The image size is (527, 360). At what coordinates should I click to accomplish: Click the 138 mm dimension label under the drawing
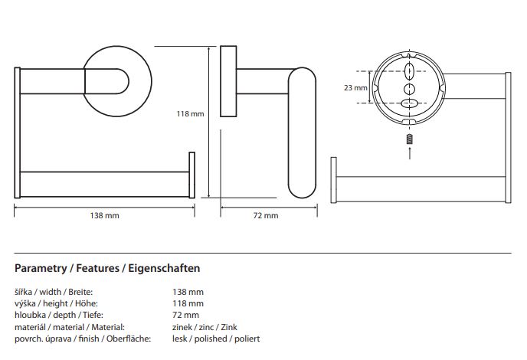pyautogui.click(x=104, y=215)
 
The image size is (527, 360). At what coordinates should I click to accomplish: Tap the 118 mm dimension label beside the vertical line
pyautogui.click(x=190, y=114)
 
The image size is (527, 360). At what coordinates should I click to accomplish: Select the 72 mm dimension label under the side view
pyautogui.click(x=266, y=215)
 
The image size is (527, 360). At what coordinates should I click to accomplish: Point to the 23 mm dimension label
pyautogui.click(x=355, y=88)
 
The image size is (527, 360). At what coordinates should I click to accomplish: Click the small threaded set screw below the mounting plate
pyautogui.click(x=409, y=139)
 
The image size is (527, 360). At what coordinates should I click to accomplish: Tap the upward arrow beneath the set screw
pyautogui.click(x=409, y=152)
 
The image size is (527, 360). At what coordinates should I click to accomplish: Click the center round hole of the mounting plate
pyautogui.click(x=409, y=89)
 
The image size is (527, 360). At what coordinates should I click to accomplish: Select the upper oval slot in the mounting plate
pyautogui.click(x=409, y=70)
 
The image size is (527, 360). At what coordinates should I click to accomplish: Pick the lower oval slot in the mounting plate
pyautogui.click(x=409, y=103)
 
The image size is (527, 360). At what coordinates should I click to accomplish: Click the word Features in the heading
pyautogui.click(x=97, y=268)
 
